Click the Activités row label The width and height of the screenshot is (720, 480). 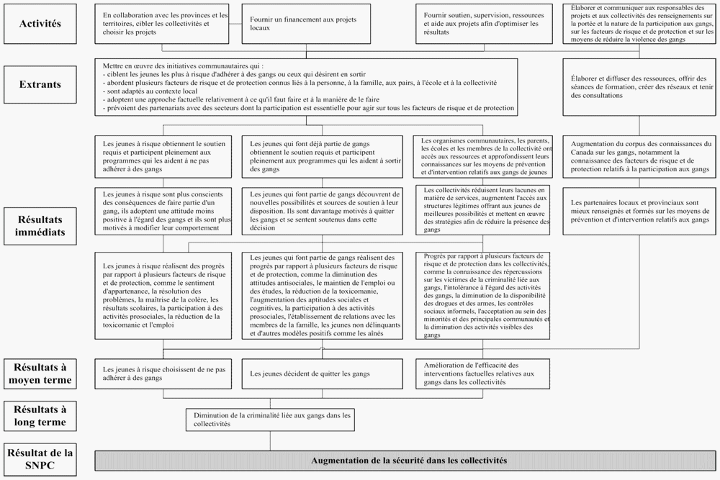click(x=40, y=23)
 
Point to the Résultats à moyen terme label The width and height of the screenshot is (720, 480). click(x=40, y=373)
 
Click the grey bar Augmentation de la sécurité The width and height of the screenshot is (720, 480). click(x=408, y=461)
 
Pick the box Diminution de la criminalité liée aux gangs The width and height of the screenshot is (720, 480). click(x=271, y=420)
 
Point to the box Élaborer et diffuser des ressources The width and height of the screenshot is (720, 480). click(x=639, y=86)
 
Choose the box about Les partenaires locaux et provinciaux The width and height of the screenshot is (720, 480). click(x=639, y=211)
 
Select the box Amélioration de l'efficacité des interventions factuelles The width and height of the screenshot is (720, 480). click(x=483, y=373)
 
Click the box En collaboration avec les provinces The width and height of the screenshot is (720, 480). click(x=166, y=24)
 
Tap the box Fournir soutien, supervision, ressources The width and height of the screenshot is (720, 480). click(x=483, y=24)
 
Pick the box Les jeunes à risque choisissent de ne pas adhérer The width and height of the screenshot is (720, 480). click(x=166, y=373)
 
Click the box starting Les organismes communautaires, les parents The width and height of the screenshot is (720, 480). click(x=483, y=156)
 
